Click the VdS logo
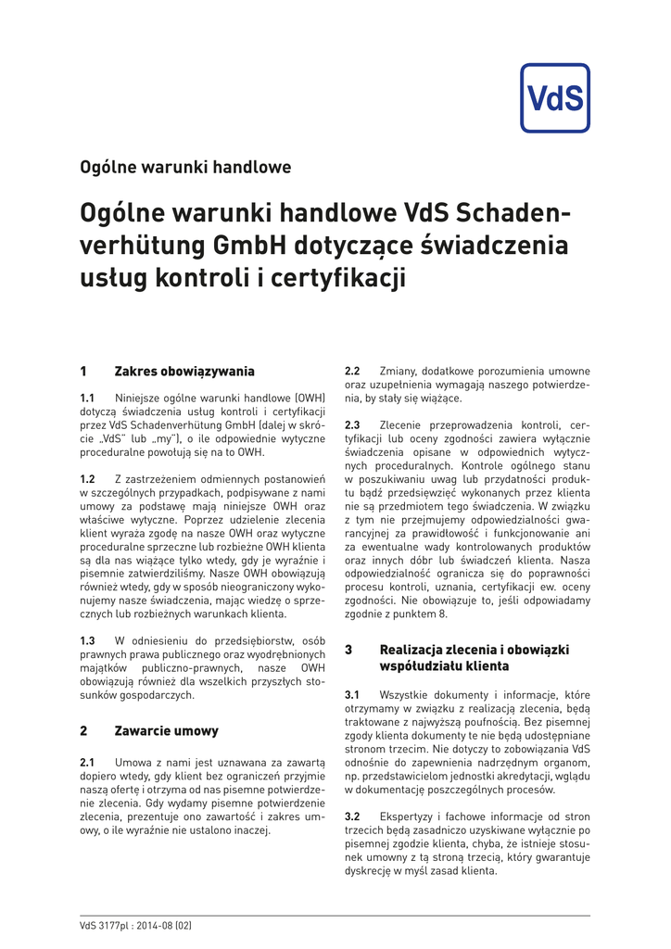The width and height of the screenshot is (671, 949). pos(554,98)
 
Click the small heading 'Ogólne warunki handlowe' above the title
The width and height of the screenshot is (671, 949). pos(185,168)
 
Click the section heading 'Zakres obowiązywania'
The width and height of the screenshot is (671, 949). pos(184,372)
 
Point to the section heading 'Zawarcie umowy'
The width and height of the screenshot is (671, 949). pos(166,730)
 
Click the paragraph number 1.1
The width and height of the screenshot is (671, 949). pos(88,399)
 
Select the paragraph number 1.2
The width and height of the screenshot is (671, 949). pos(88,478)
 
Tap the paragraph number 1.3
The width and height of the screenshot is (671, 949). pos(88,640)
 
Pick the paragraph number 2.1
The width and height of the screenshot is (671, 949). pos(88,762)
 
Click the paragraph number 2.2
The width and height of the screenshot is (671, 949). pos(352,372)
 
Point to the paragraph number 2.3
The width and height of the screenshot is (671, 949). pos(352,425)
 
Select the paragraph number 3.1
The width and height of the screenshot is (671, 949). pos(352,695)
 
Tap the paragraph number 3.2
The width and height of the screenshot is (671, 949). pos(352,816)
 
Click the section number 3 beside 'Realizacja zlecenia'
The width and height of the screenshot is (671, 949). pos(348,650)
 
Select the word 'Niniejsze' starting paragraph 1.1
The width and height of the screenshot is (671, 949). pos(138,399)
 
